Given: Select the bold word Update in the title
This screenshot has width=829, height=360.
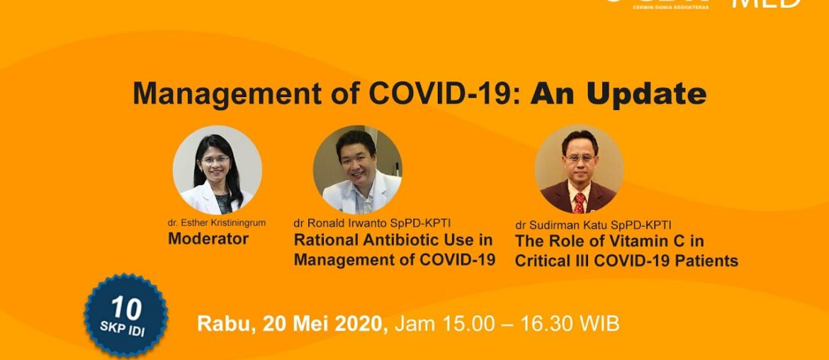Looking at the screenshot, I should (x=650, y=94).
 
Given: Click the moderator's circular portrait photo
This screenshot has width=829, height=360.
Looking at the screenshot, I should (x=217, y=170).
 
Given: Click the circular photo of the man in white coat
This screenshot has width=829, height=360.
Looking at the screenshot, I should (x=357, y=170).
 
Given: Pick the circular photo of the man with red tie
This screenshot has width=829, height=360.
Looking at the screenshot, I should (x=578, y=170).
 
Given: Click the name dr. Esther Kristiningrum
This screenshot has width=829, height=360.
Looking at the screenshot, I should (x=217, y=223).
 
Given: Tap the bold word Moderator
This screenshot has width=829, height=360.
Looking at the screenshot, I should (x=208, y=239).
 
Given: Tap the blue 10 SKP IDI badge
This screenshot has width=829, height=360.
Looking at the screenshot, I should (x=125, y=313).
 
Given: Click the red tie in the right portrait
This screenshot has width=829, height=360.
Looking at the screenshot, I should (x=579, y=203).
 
